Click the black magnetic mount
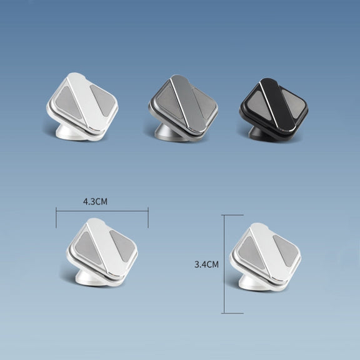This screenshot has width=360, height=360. (274, 109)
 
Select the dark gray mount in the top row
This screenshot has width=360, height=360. (183, 108)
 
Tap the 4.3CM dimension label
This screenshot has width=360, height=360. (95, 202)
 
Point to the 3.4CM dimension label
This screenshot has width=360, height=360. (206, 264)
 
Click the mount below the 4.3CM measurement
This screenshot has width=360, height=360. (102, 252)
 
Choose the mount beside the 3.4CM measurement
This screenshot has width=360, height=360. (266, 257)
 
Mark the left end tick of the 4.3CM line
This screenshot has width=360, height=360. (56, 217)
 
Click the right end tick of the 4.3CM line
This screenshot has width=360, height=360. (148, 217)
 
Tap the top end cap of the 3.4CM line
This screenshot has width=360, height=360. (232, 215)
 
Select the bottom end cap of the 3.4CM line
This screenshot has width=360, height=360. (232, 313)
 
